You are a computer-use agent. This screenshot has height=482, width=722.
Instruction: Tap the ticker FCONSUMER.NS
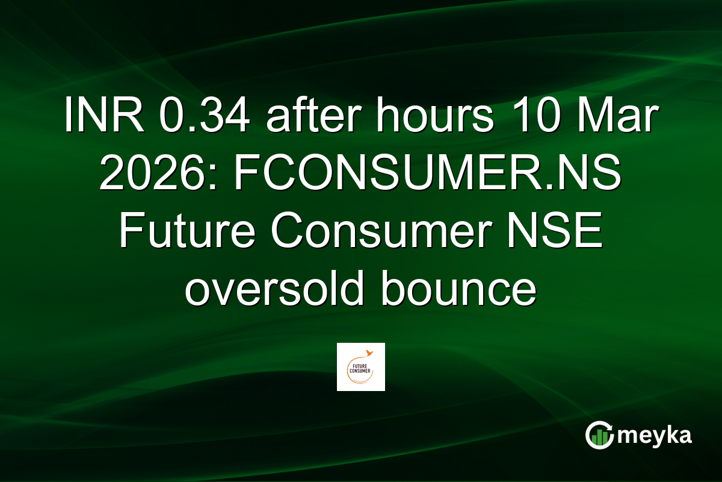427,175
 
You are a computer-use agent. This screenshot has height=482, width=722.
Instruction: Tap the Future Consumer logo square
361,367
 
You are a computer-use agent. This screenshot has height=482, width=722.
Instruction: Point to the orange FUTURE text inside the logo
359,363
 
